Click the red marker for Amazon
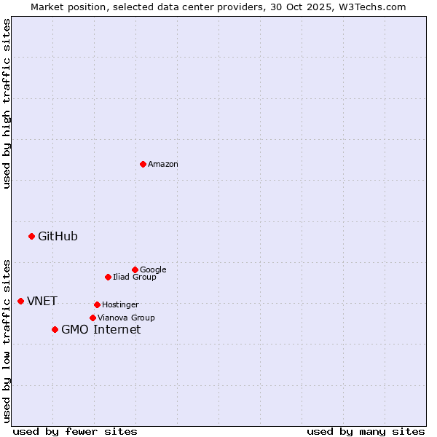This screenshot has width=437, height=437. click(143, 164)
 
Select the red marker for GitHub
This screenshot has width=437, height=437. click(31, 236)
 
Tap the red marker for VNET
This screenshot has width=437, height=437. click(20, 301)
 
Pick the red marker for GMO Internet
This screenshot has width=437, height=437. click(55, 329)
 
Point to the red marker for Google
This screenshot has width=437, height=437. click(135, 269)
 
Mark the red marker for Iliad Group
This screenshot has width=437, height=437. click(108, 277)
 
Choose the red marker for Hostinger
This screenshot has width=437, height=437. click(97, 304)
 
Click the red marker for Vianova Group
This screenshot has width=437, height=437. click(92, 318)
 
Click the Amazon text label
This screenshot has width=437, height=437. click(163, 165)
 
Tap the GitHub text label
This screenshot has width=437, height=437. click(58, 236)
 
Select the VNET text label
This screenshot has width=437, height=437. click(42, 302)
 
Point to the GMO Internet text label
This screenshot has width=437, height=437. click(101, 330)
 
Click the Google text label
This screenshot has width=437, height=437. click(153, 270)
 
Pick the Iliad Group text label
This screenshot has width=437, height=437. click(135, 277)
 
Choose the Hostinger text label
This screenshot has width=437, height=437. click(120, 305)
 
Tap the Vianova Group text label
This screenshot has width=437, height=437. click(126, 318)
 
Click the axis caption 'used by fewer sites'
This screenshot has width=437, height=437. click(75, 431)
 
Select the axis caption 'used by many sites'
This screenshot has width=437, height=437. click(366, 431)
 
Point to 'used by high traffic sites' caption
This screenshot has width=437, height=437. click(7, 103)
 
